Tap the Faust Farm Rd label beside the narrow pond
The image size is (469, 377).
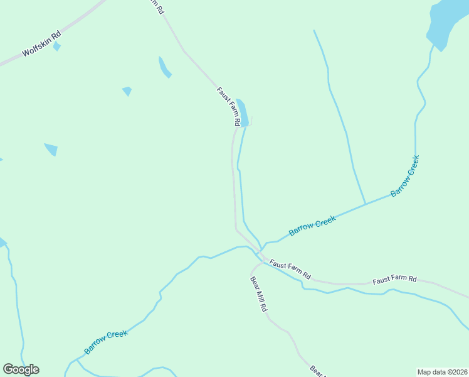[x=229, y=106]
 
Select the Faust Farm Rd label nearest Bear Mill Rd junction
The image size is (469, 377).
[x=290, y=268]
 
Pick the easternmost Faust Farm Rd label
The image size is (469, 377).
[x=394, y=278]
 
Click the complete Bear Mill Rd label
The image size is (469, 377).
[x=258, y=295]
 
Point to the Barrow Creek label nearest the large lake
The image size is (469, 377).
[x=404, y=176]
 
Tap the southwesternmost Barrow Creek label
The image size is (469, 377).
[x=106, y=342]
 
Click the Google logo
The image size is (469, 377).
[x=21, y=369]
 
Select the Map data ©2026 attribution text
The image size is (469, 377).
[x=442, y=371]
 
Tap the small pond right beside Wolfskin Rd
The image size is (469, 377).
[x=57, y=46]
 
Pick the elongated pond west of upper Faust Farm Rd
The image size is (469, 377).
[x=164, y=67]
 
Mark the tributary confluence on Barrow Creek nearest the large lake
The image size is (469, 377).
[x=365, y=204]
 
